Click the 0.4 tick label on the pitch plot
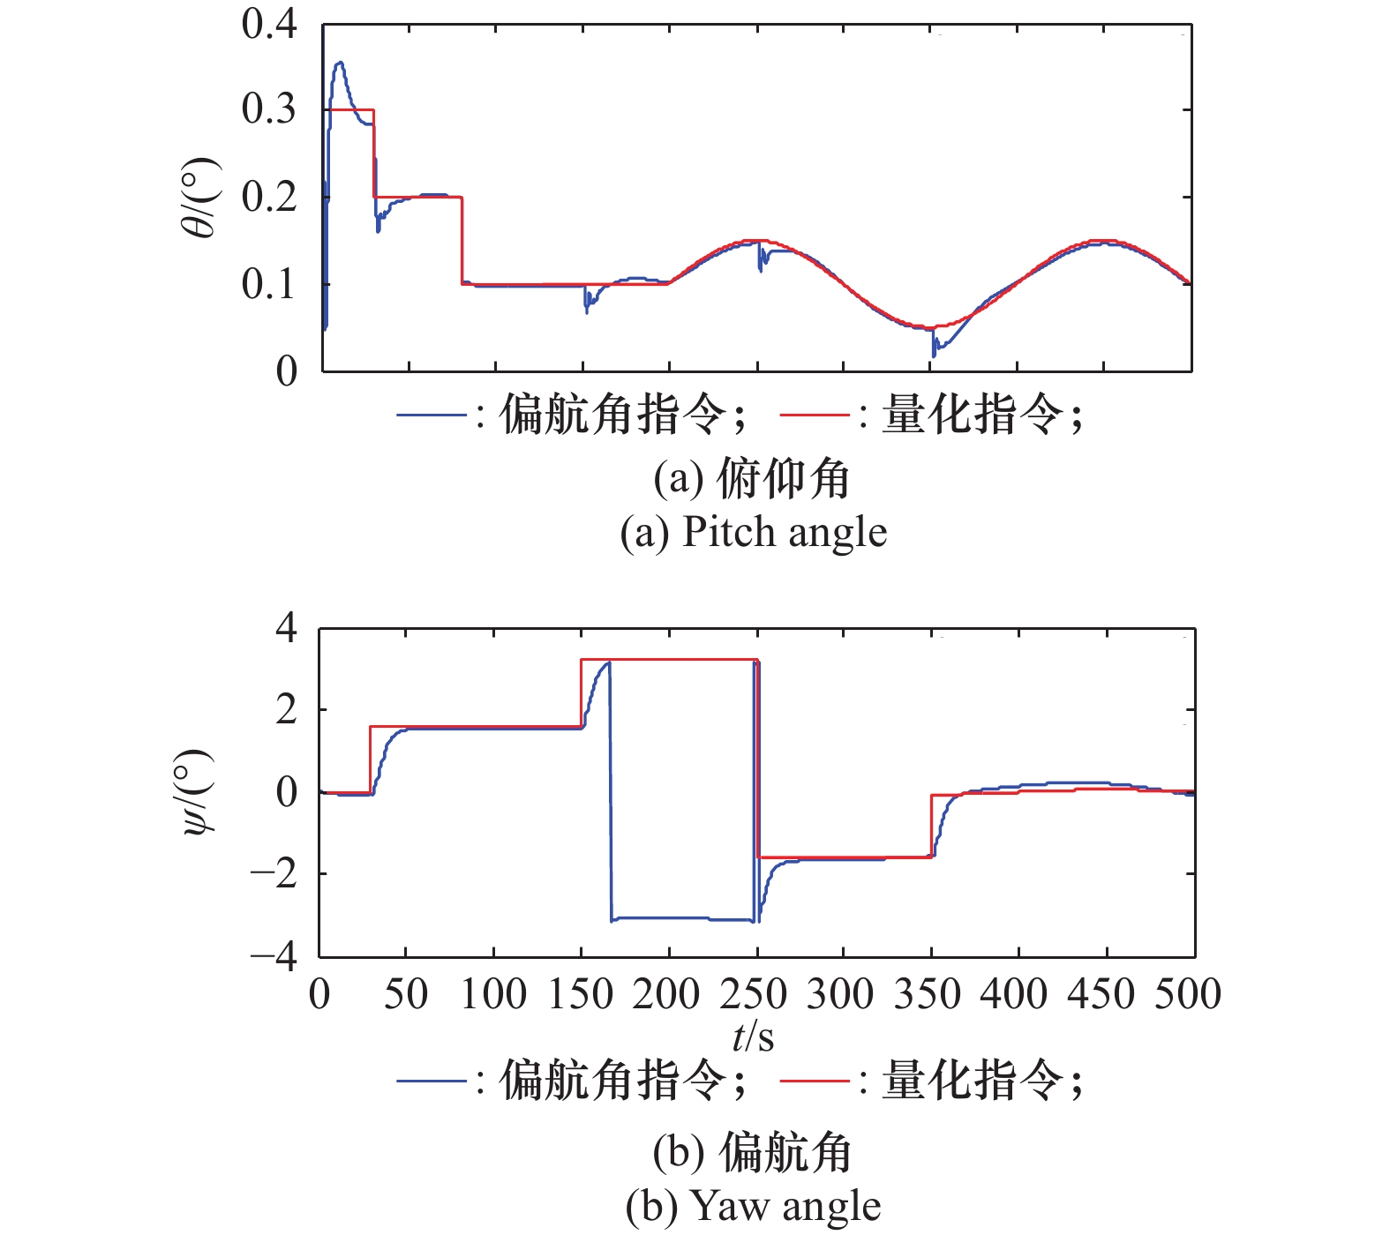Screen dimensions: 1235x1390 coord(269,25)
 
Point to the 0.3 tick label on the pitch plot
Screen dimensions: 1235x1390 coord(269,110)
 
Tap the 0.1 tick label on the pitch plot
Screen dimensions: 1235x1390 coord(269,284)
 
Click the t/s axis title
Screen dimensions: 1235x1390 coord(753,1037)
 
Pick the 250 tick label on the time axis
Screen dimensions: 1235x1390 coord(753,994)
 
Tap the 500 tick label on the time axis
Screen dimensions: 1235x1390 coord(1188,994)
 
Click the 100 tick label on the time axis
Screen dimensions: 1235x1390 coord(492,994)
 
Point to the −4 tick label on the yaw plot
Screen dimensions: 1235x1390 coord(274,957)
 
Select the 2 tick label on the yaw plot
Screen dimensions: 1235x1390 coord(286,709)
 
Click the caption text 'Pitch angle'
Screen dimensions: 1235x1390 coord(785,533)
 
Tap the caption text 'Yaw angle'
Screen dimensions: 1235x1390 coord(785,1207)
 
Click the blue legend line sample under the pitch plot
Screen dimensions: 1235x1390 coord(431,415)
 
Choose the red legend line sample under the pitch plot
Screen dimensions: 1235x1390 coord(814,415)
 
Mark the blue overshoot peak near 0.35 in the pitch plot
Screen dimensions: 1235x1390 coord(339,63)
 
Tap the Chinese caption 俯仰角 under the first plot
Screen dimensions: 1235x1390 coord(783,479)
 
